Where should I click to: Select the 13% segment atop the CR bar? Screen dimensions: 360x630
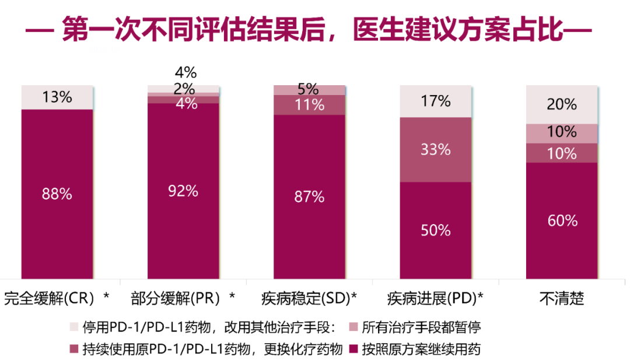pos(57,97)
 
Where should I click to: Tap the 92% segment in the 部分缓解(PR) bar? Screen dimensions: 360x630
pos(183,191)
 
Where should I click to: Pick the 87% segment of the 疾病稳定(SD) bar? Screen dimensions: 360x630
pos(309,197)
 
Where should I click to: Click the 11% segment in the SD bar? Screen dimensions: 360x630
pos(309,105)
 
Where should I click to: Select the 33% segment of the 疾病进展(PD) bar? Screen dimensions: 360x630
pos(435,149)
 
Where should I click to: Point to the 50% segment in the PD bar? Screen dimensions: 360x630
pos(435,230)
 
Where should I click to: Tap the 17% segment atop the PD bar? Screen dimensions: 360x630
pos(435,101)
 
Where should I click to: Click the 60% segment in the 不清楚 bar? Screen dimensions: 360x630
pos(562,221)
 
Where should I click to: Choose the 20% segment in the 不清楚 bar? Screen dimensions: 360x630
pos(562,104)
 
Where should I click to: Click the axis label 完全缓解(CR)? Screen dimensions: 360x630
pos(49,299)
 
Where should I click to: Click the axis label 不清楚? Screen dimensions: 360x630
pos(562,299)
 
